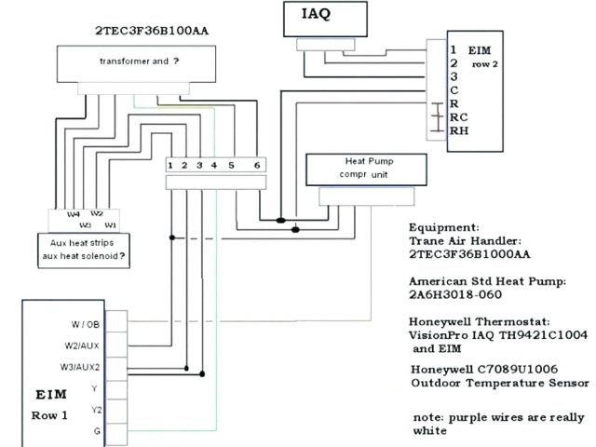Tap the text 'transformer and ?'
(x=139, y=61)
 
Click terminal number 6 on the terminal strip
(x=256, y=165)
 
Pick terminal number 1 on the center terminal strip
(x=171, y=165)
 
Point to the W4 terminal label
(x=74, y=213)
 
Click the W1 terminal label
(x=110, y=224)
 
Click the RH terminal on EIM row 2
(x=458, y=131)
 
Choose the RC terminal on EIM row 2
(x=458, y=118)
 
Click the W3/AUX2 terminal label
(x=87, y=365)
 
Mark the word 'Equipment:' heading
(x=444, y=226)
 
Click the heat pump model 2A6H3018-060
(x=455, y=295)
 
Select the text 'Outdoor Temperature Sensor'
(x=499, y=382)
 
